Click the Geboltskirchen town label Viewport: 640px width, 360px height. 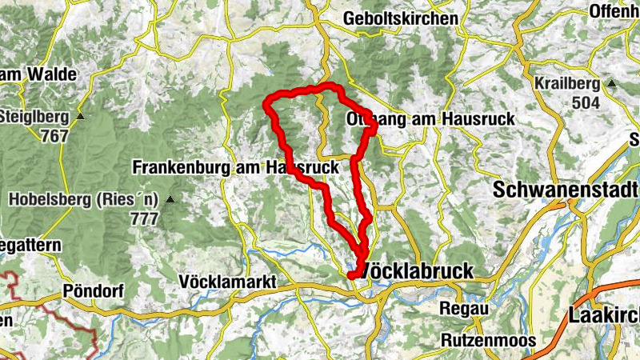(401, 18)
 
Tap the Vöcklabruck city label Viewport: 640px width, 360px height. (418, 270)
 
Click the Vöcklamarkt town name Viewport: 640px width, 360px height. (228, 282)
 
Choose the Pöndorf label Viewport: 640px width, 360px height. (93, 290)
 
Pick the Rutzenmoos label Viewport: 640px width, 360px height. (487, 340)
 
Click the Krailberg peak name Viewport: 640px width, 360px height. (568, 85)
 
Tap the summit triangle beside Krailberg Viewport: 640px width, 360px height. (612, 83)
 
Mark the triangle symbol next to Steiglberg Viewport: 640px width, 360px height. (81, 117)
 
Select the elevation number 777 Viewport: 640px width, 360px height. (143, 218)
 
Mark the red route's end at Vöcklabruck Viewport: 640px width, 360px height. (351, 276)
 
